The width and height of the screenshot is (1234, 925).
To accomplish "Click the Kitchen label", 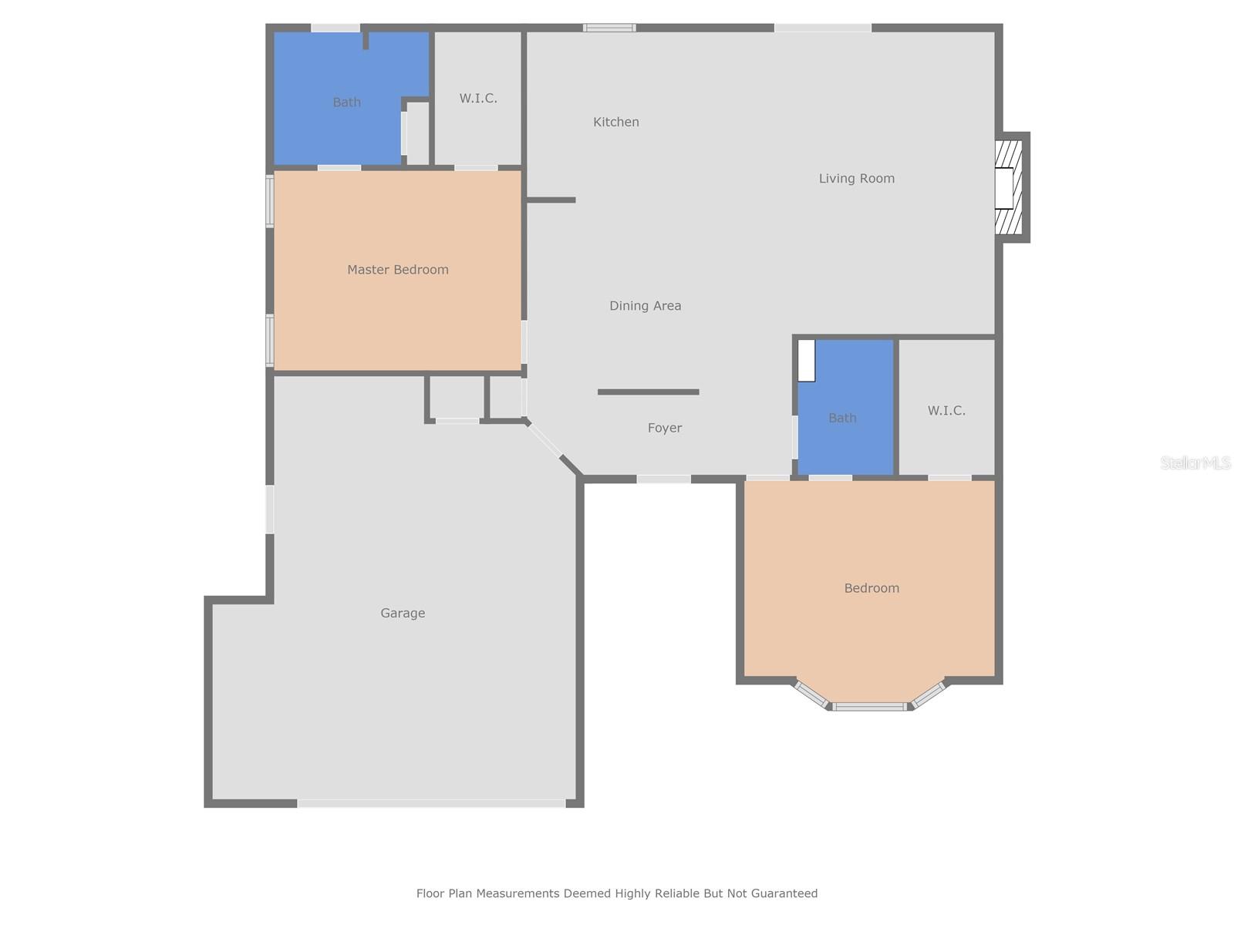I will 615,122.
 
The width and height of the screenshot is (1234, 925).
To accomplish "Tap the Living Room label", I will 856,179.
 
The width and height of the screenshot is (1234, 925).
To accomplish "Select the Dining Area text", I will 645,306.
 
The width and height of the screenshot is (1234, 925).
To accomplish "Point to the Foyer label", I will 664,428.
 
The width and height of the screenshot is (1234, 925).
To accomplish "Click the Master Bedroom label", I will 397,270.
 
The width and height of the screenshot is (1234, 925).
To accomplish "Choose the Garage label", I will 403,614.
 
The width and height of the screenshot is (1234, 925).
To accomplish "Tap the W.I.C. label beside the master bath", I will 478,99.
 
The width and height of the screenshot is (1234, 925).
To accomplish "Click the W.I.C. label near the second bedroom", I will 946,411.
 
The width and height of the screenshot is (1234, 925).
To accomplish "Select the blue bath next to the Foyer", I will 845,432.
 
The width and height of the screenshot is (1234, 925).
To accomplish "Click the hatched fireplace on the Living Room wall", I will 1009,187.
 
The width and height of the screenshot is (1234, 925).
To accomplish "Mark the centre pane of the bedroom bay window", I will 870,706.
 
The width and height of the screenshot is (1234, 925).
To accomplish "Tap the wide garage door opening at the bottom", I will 432,803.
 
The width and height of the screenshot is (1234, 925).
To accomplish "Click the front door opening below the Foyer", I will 663,479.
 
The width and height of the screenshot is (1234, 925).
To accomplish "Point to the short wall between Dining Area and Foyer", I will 648,392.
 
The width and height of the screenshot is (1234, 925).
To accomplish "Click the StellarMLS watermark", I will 1195,462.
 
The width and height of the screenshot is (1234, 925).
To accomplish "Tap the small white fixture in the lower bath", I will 806,361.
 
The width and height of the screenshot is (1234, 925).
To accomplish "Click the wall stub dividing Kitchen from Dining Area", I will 551,200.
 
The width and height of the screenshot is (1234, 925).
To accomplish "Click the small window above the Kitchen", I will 609,29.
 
